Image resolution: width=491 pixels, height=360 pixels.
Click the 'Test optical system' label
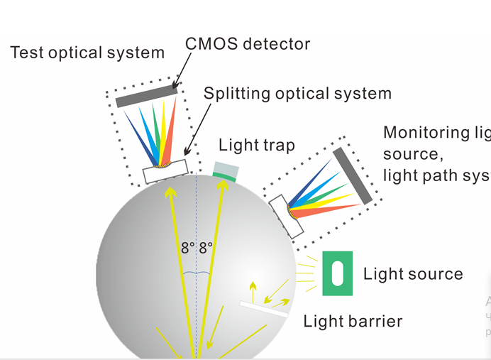tap(87, 52)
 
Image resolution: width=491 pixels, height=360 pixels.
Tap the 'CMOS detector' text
tap(248, 44)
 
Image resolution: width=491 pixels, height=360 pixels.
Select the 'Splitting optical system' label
tap(297, 93)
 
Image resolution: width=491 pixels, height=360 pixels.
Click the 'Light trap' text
tap(256, 146)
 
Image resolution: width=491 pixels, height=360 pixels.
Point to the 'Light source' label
tap(412, 274)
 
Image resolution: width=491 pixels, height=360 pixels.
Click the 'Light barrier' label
tap(353, 321)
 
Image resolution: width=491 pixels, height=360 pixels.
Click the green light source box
tap(337, 273)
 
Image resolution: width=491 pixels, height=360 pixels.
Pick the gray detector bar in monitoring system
tap(352, 175)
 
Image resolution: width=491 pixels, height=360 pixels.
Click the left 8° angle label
tap(187, 249)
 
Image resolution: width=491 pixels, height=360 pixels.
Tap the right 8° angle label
tap(206, 249)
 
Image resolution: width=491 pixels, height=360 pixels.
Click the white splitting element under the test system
tap(166, 171)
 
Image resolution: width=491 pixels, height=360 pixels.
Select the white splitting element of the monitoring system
tap(287, 215)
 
